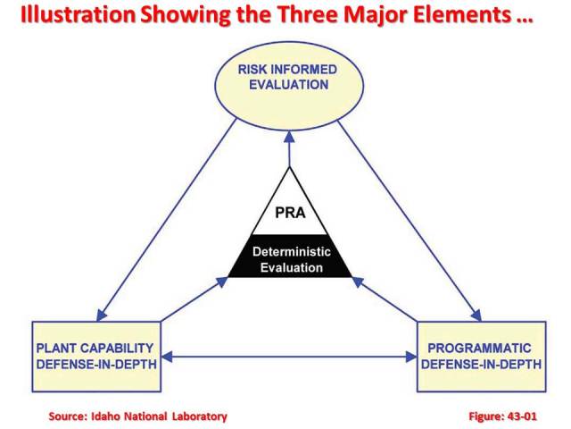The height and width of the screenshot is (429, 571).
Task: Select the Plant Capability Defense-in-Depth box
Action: point(97,356)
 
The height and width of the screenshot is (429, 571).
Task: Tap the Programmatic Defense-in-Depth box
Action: point(480,356)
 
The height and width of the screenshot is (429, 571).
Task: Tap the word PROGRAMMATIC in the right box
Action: point(480,348)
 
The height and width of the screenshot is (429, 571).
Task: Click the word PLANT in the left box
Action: point(58,348)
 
